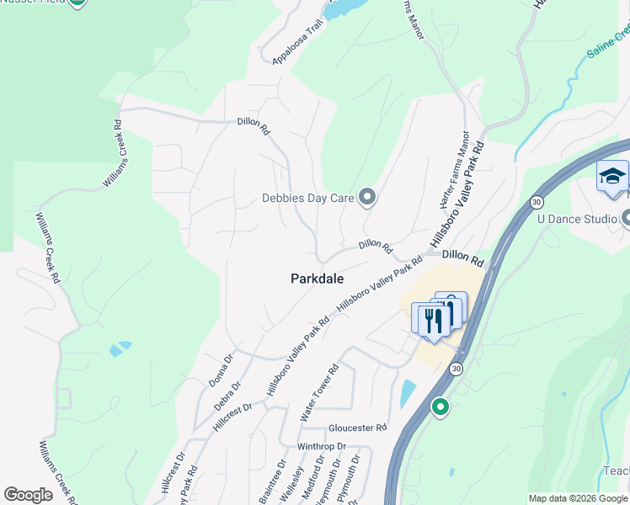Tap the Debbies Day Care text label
coord(307,199)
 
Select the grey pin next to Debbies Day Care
coord(366,198)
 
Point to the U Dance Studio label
coord(577,220)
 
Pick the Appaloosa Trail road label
coord(298,43)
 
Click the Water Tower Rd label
coord(319,393)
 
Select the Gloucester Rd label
coord(357,428)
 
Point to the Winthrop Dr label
coord(322,446)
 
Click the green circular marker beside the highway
coord(439,408)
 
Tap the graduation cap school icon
coord(612,177)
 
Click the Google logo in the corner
coord(28,495)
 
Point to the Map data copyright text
coord(578,498)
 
